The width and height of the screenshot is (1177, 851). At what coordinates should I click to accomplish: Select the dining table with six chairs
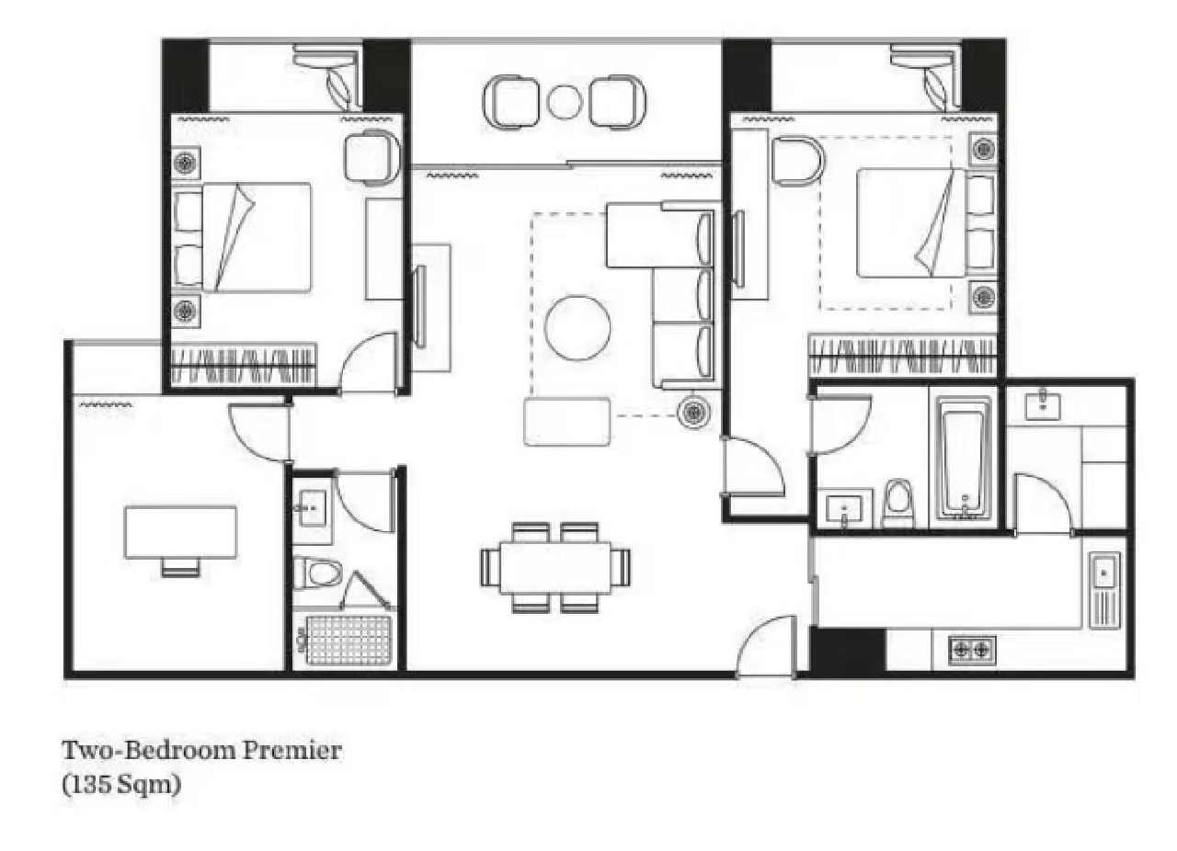[x=555, y=567]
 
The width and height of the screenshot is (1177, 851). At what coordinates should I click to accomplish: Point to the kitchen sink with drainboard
[x=1104, y=588]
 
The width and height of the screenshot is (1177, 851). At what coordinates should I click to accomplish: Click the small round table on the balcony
[x=564, y=101]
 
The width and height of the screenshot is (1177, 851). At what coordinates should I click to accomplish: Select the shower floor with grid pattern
[x=348, y=640]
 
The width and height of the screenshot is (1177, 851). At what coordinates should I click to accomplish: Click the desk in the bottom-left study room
[x=180, y=532]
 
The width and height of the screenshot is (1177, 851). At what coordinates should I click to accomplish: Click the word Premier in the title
[x=291, y=751]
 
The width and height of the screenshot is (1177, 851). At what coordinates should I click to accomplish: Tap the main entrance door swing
[x=765, y=645]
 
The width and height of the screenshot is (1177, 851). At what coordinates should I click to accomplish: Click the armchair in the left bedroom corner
[x=372, y=157]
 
